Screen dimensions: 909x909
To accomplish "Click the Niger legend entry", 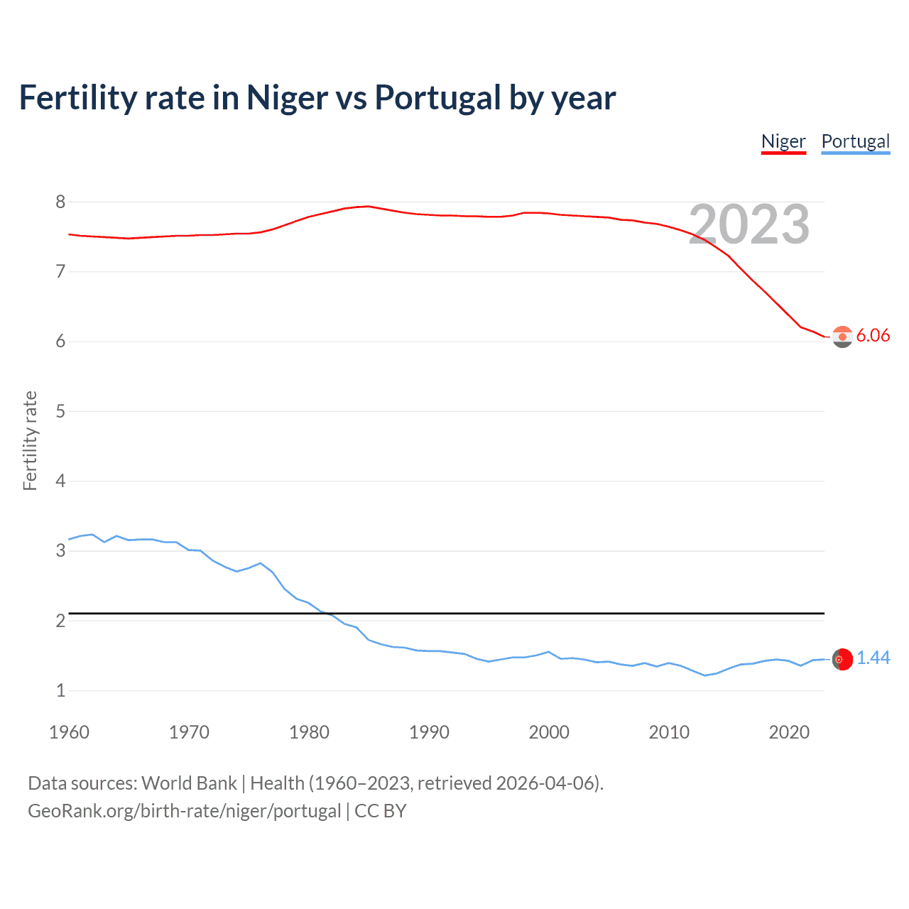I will (x=783, y=141).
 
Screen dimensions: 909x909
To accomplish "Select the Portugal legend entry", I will (x=855, y=141).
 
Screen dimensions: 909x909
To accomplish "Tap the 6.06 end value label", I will (x=873, y=335).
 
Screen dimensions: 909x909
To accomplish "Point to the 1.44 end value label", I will (x=873, y=658).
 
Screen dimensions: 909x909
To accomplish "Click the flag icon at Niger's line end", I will (x=842, y=337).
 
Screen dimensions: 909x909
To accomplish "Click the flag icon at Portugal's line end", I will (x=842, y=660).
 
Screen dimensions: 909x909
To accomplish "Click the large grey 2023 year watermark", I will (x=749, y=224).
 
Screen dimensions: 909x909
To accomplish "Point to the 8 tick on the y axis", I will (x=60, y=202).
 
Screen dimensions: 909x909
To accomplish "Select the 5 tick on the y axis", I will (x=60, y=411).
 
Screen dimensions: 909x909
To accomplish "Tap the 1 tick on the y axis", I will (x=60, y=690).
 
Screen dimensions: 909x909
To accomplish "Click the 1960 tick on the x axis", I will (x=69, y=732).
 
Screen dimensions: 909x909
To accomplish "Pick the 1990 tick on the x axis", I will (x=429, y=732).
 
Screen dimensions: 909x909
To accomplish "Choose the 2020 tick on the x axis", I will (x=789, y=732).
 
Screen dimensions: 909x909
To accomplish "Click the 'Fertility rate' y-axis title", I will (x=30, y=440).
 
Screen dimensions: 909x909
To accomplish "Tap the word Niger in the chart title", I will (x=288, y=97).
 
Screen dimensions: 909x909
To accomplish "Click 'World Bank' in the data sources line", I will (x=189, y=783).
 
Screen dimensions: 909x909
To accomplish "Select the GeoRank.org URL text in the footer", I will (x=184, y=811).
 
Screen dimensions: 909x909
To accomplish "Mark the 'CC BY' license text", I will (x=380, y=811).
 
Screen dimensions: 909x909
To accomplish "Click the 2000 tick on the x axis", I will (x=549, y=732).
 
